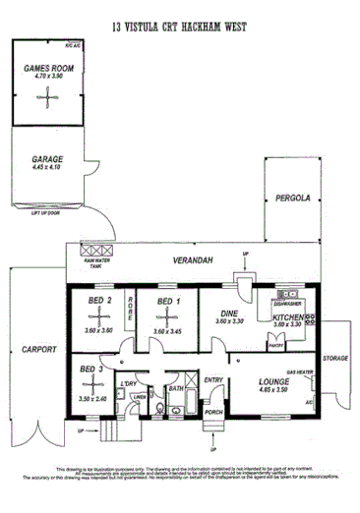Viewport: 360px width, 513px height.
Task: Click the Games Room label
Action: [x=46, y=67]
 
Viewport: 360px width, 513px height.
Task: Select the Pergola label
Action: [x=293, y=198]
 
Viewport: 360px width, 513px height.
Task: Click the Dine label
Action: [x=230, y=313]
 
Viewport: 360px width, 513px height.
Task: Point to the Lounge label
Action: [x=273, y=379]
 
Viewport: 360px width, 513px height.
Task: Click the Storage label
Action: [x=336, y=358]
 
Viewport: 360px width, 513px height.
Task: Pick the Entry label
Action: [x=213, y=380]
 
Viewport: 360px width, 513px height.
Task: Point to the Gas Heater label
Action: [x=299, y=372]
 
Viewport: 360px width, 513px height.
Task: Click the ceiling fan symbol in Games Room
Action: [x=47, y=96]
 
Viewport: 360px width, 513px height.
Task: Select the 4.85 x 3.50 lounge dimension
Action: [x=272, y=389]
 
